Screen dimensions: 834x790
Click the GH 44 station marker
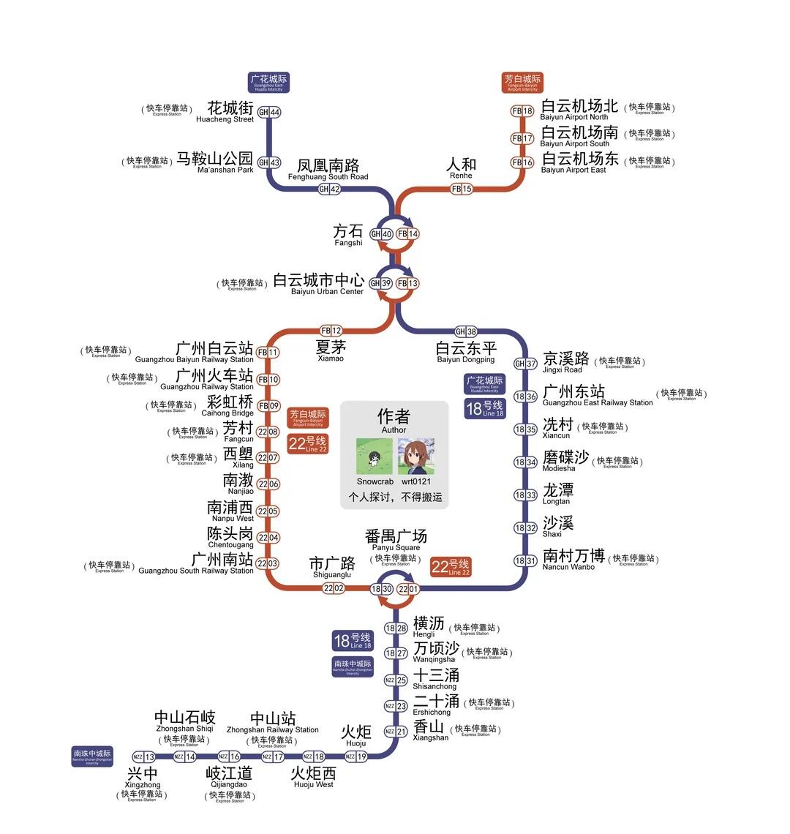point(269,113)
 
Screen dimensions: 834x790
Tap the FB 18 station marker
point(522,111)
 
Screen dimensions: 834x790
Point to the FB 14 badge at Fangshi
point(408,234)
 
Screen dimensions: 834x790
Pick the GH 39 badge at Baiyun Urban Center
point(380,283)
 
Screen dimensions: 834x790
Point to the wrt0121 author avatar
point(416,457)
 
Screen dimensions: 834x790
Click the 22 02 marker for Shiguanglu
point(334,588)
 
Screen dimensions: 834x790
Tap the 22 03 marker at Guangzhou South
point(267,563)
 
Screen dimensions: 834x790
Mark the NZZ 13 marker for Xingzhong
point(144,756)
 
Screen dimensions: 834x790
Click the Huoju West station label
point(314,777)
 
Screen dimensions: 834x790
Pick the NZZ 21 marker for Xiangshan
point(395,732)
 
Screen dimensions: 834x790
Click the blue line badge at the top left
point(269,83)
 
